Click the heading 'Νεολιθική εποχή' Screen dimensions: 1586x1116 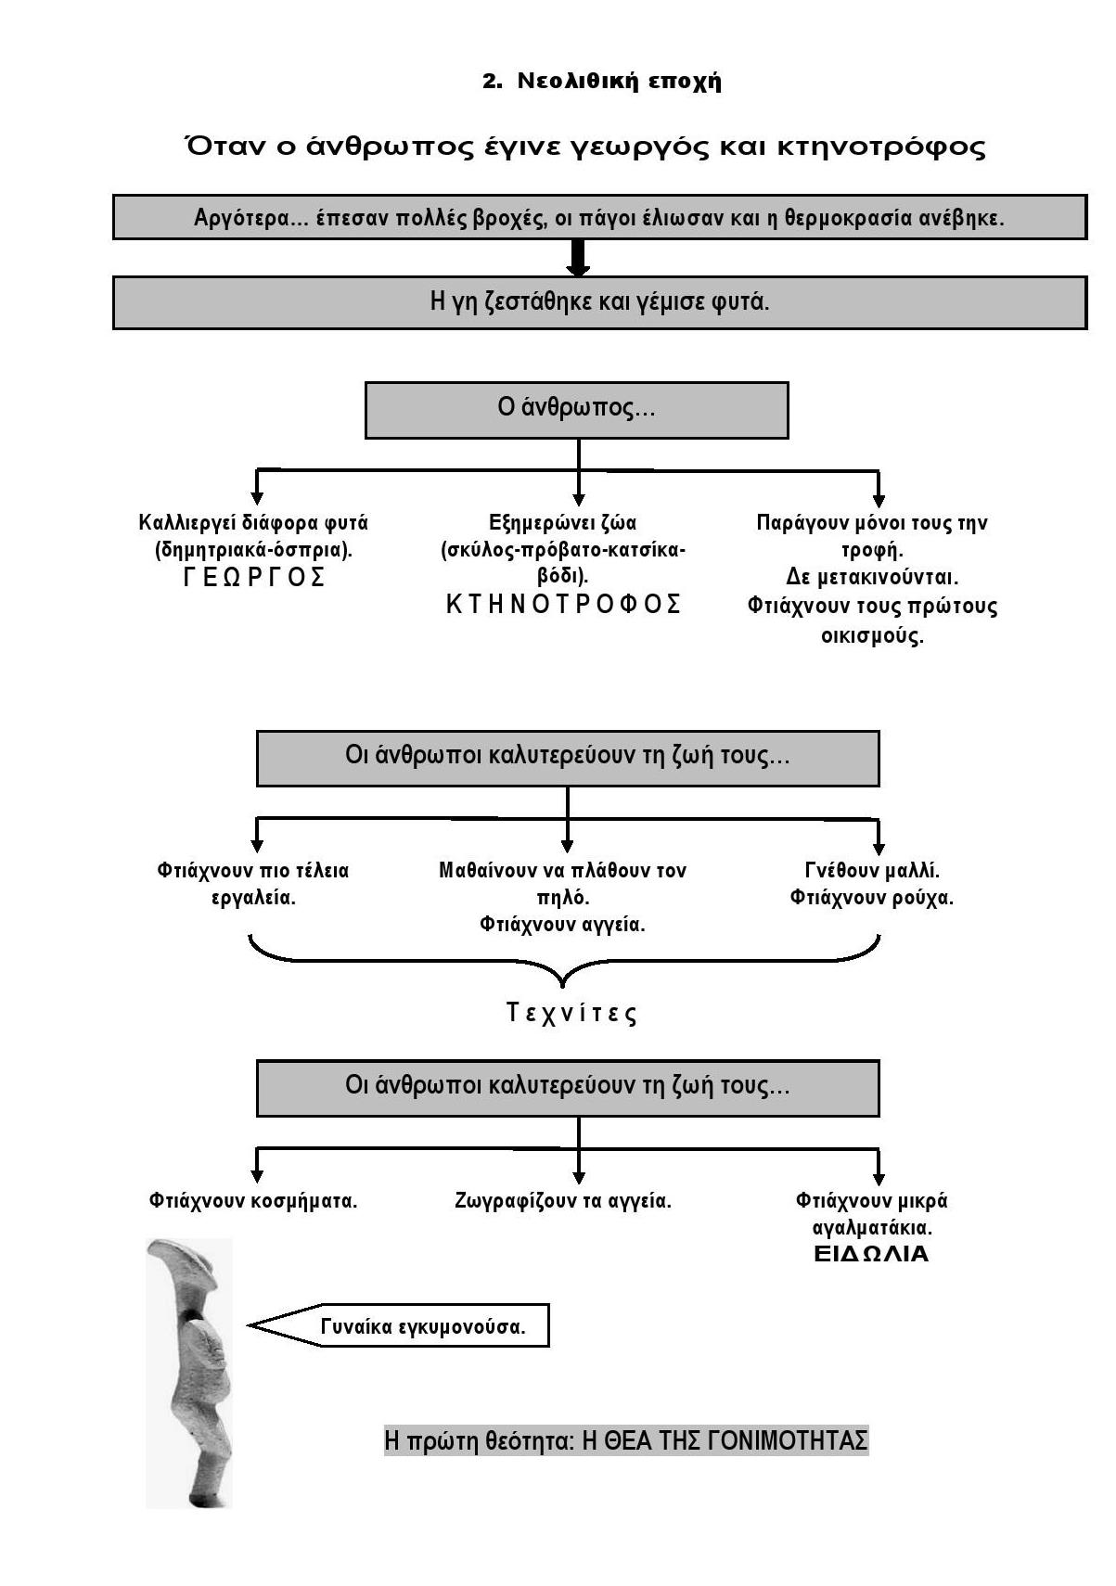(x=618, y=81)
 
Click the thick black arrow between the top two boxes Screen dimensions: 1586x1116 (x=578, y=258)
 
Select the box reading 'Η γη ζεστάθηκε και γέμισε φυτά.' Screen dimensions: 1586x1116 (x=599, y=302)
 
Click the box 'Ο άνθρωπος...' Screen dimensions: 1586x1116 (x=576, y=409)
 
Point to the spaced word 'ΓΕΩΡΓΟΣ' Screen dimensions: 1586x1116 (x=254, y=578)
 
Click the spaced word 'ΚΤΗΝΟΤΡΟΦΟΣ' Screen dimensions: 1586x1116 (x=563, y=605)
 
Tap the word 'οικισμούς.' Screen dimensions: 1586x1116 (x=872, y=636)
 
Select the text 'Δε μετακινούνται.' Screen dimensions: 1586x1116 (x=872, y=577)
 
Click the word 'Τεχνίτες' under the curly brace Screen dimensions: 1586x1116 (x=571, y=1013)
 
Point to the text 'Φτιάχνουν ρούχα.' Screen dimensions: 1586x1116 (x=871, y=898)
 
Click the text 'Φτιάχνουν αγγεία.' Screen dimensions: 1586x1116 (x=562, y=925)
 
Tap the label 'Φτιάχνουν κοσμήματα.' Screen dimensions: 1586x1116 (x=253, y=1201)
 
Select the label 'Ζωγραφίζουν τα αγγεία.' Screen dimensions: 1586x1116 (x=563, y=1201)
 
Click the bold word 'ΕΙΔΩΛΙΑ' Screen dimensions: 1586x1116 (x=871, y=1255)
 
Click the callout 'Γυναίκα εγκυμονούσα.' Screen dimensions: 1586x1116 (x=423, y=1326)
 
